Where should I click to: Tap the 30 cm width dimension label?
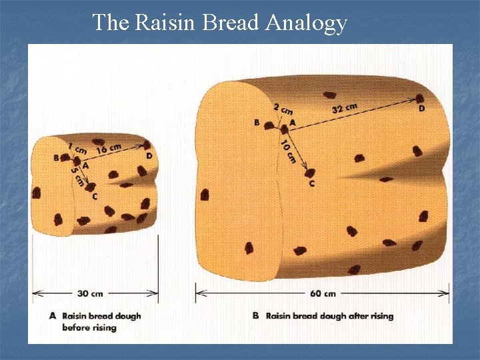click(91, 293)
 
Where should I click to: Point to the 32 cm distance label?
click(344, 107)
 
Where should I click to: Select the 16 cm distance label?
click(109, 147)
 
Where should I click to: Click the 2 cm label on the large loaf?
click(283, 108)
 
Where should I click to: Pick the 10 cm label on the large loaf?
click(289, 151)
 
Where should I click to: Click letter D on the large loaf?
click(421, 108)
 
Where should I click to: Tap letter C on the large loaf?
click(311, 183)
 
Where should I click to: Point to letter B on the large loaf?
click(257, 123)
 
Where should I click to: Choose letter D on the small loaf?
click(149, 156)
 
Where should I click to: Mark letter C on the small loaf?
click(95, 196)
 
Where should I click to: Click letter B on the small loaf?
click(56, 158)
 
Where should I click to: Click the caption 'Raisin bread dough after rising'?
click(329, 316)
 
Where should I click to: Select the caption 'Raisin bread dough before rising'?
click(101, 321)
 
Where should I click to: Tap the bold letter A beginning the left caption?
click(53, 316)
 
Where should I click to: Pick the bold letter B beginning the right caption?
click(255, 316)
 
